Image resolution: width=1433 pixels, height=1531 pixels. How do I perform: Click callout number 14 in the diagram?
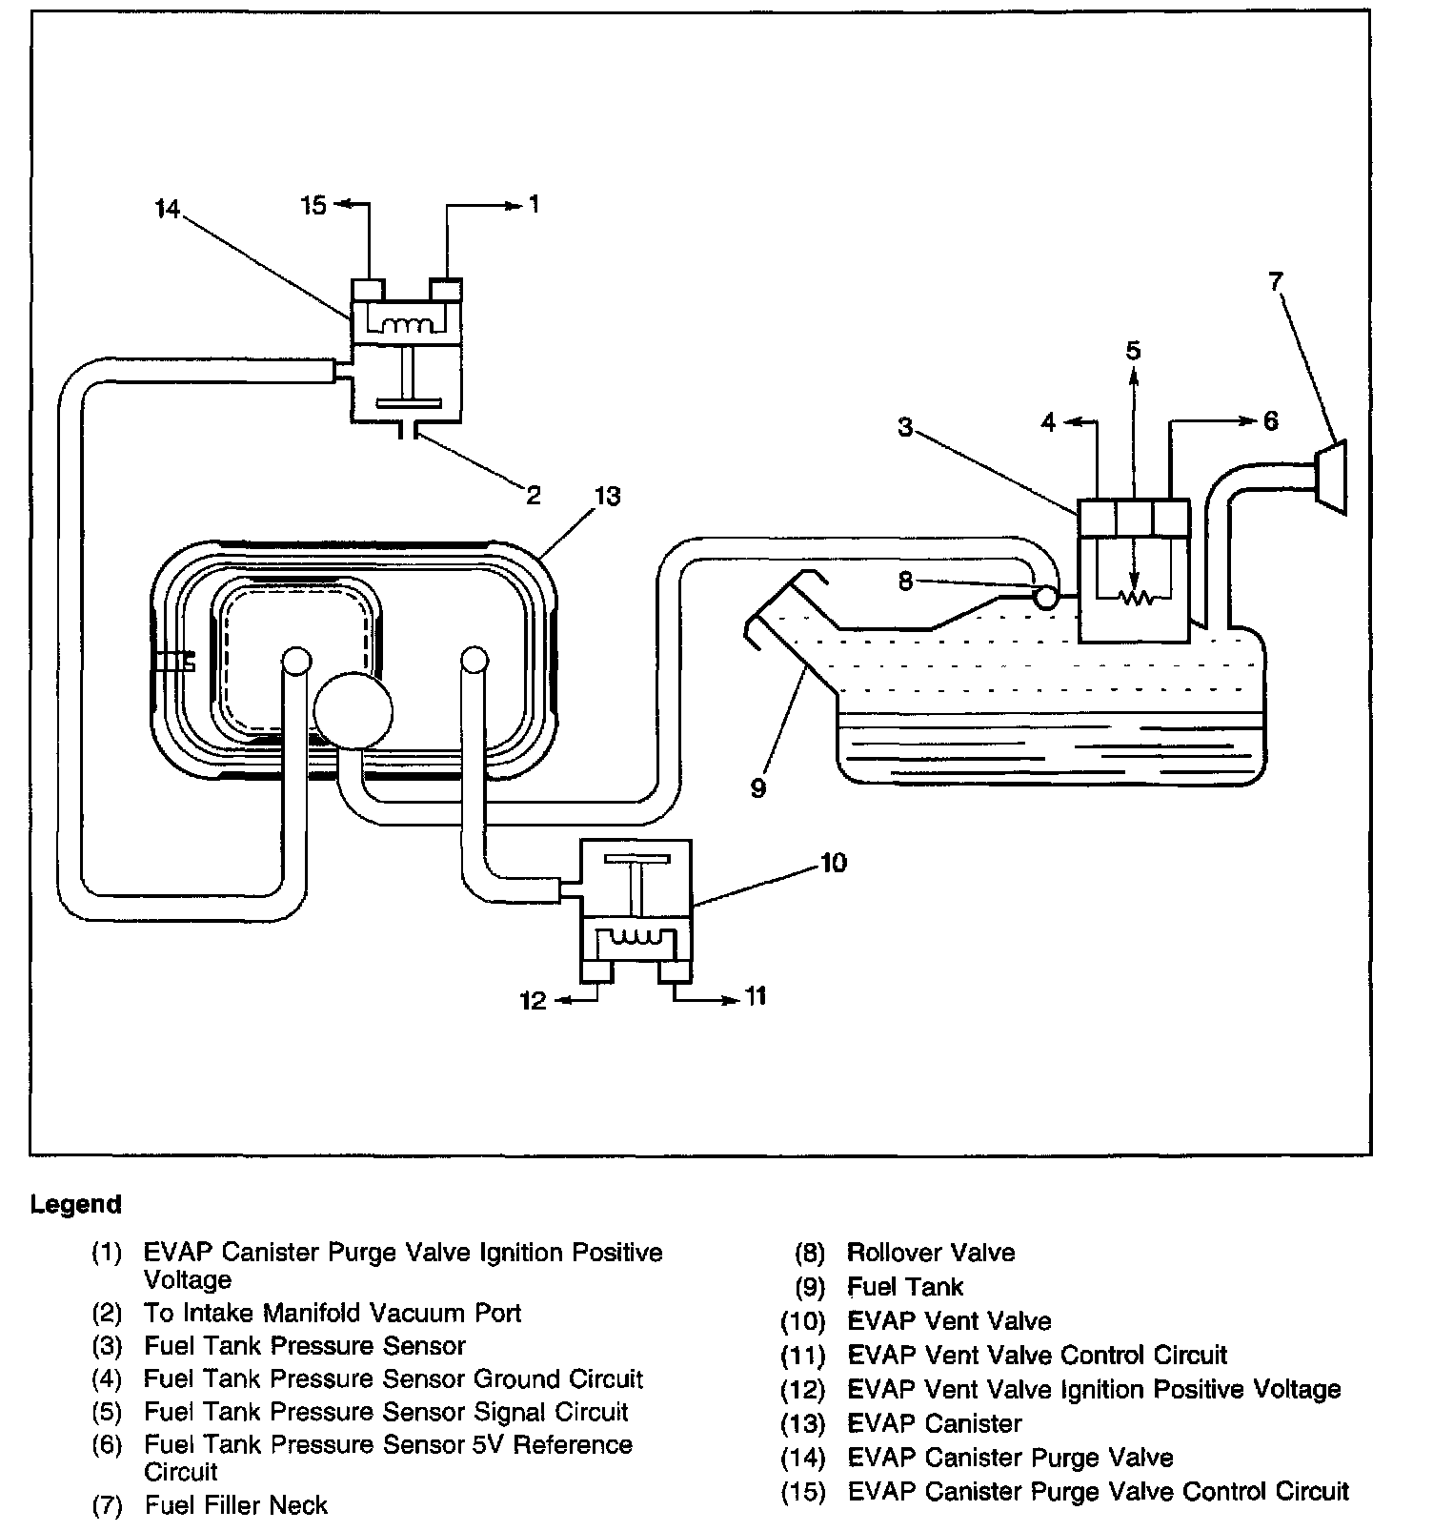(x=168, y=209)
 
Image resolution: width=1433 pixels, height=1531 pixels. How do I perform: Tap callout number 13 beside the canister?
(x=607, y=497)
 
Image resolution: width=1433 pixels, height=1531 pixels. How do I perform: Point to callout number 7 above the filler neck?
(x=1276, y=281)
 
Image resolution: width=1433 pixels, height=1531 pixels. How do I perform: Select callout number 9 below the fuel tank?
(x=758, y=788)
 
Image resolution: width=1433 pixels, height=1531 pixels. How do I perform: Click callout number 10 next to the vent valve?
(x=833, y=863)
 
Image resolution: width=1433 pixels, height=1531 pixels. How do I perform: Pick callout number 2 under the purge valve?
(x=534, y=495)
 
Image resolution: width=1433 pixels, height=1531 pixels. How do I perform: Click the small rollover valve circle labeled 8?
(x=1045, y=598)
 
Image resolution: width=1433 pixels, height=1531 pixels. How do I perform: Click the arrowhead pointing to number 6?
(x=1249, y=420)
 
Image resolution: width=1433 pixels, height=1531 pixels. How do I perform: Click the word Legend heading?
(x=76, y=1204)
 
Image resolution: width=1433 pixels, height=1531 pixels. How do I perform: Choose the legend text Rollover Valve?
(x=931, y=1253)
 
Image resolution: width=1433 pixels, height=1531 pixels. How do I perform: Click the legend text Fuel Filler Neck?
(x=236, y=1505)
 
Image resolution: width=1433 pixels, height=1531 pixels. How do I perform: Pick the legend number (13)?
(x=802, y=1423)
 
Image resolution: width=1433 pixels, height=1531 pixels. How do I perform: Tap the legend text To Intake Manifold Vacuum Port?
(x=333, y=1313)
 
